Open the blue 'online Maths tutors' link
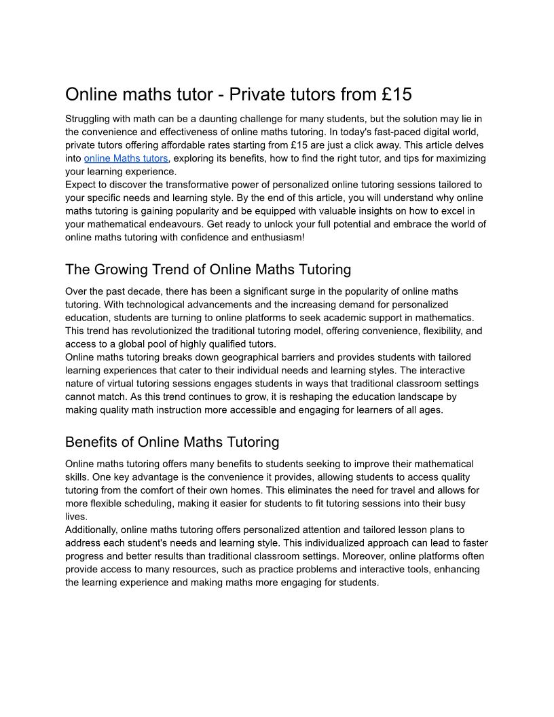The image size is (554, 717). [126, 158]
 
